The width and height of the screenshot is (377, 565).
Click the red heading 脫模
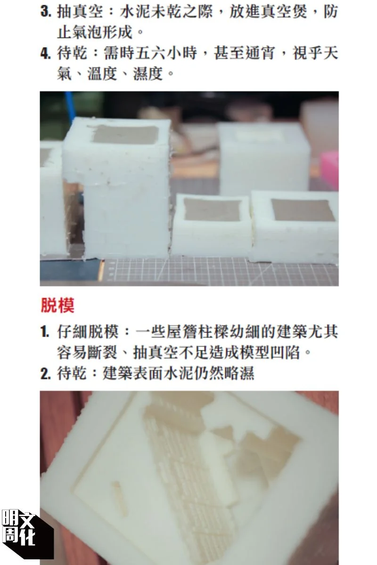57,305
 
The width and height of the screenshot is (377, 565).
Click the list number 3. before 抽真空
45,12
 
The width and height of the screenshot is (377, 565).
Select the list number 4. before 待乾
45,54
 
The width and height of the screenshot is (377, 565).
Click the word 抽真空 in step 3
80,12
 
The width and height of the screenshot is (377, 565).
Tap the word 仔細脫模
88,331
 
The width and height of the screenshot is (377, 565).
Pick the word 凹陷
285,352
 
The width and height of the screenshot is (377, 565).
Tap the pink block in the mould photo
330,170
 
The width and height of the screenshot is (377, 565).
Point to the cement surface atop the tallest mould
125,135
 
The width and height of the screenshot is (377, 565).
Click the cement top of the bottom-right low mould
303,210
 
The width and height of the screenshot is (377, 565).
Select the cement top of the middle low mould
212,210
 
